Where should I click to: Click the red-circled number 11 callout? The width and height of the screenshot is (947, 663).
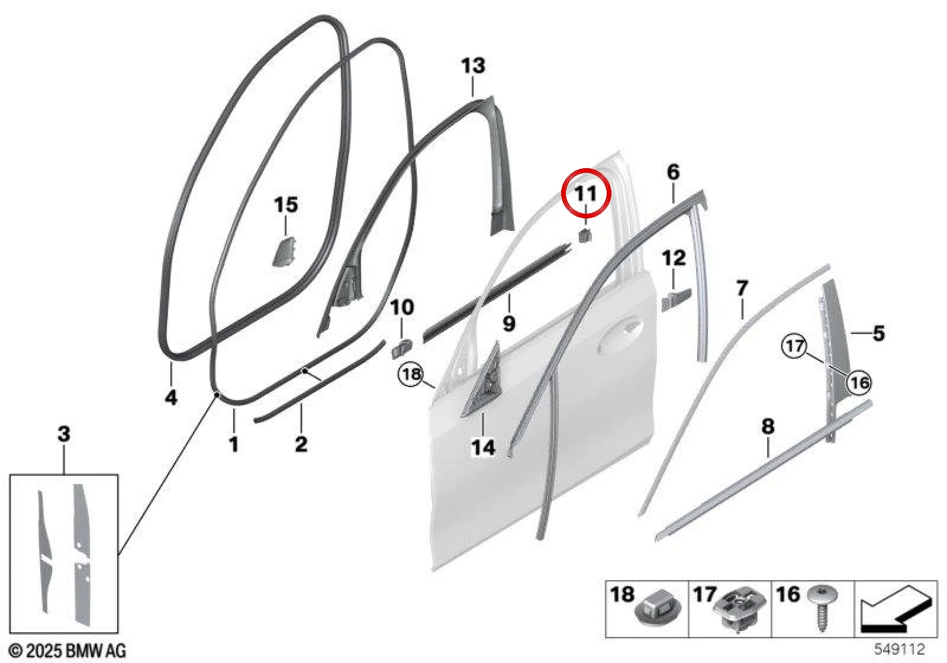pos(586,193)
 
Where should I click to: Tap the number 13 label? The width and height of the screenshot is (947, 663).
pos(473,66)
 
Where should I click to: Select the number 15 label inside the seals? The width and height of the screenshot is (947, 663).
pos(286,205)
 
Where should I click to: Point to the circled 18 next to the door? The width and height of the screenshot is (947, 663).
pos(411,374)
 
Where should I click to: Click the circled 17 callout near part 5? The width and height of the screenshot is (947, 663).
pos(794,346)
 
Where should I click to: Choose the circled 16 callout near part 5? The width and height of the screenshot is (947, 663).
pos(859,383)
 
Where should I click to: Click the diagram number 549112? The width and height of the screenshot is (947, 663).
pos(900,649)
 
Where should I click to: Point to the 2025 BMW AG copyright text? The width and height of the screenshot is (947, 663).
pos(67,651)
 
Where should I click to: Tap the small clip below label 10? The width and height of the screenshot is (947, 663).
pos(401,347)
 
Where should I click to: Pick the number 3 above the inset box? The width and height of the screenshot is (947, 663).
pos(64,434)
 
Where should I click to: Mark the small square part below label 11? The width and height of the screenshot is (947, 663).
pos(584,235)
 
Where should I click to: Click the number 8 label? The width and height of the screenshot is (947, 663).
pos(768,426)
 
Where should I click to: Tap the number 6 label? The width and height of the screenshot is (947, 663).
pos(674,172)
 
